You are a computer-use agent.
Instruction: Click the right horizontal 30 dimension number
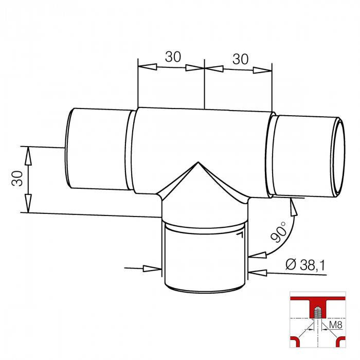(x=240, y=59)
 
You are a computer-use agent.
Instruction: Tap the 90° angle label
(x=279, y=233)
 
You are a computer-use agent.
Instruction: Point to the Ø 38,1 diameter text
(x=307, y=265)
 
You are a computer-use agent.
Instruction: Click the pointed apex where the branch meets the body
(x=198, y=164)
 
